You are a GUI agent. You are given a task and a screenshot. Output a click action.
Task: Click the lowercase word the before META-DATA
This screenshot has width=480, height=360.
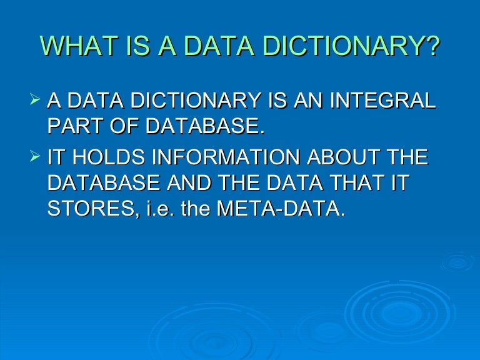[x=194, y=208]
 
